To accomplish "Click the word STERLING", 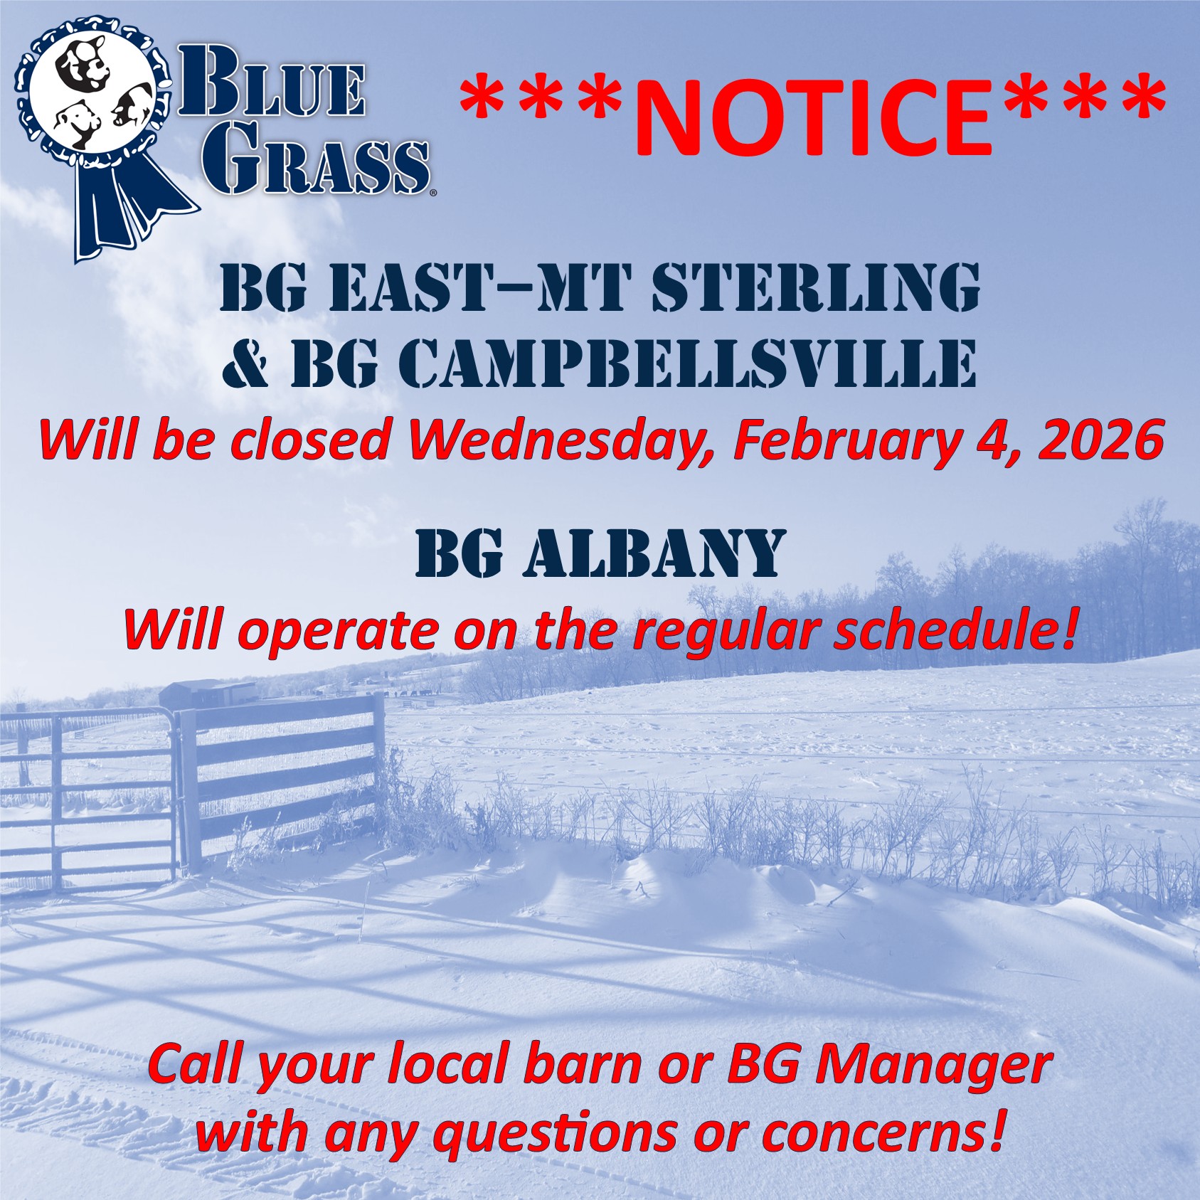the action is coord(816,287).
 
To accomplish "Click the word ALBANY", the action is coord(654,553).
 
